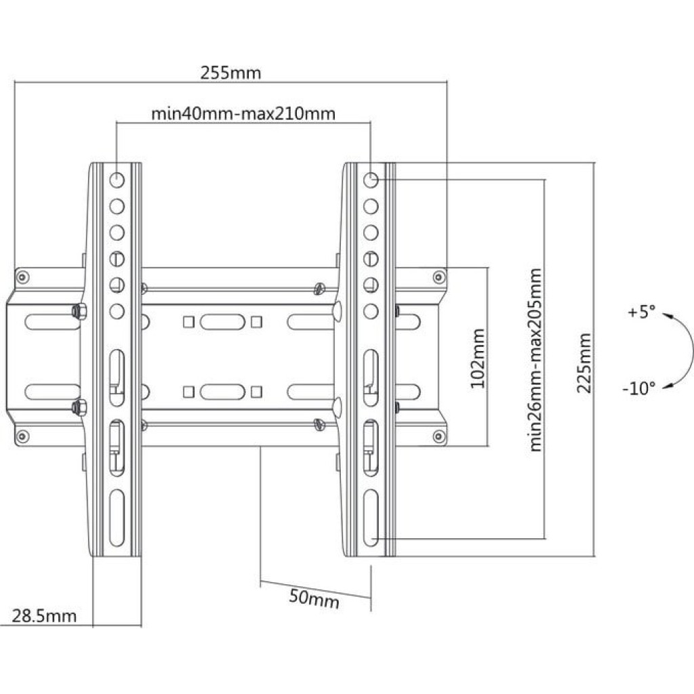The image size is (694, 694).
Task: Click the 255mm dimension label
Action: point(230,73)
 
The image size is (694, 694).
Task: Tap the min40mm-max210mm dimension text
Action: point(243,113)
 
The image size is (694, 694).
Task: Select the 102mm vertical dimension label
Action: point(478,358)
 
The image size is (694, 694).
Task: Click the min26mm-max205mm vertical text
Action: point(536,360)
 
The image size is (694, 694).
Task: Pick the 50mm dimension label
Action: point(314,599)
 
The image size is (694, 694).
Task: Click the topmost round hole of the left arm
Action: point(117,180)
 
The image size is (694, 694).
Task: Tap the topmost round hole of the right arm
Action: point(371,180)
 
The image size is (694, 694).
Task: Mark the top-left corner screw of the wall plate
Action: point(23,276)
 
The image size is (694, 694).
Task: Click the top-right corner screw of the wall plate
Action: point(438,276)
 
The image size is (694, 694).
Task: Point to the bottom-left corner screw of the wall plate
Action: point(23,435)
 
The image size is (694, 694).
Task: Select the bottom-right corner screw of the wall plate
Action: point(438,435)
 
